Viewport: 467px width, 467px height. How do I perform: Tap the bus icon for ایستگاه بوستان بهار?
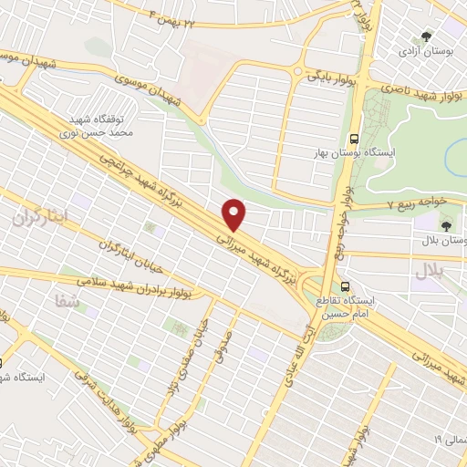[354, 140]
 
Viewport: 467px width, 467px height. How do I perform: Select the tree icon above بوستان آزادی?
[427, 36]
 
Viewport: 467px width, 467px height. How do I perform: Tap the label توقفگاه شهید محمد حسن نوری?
[102, 126]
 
